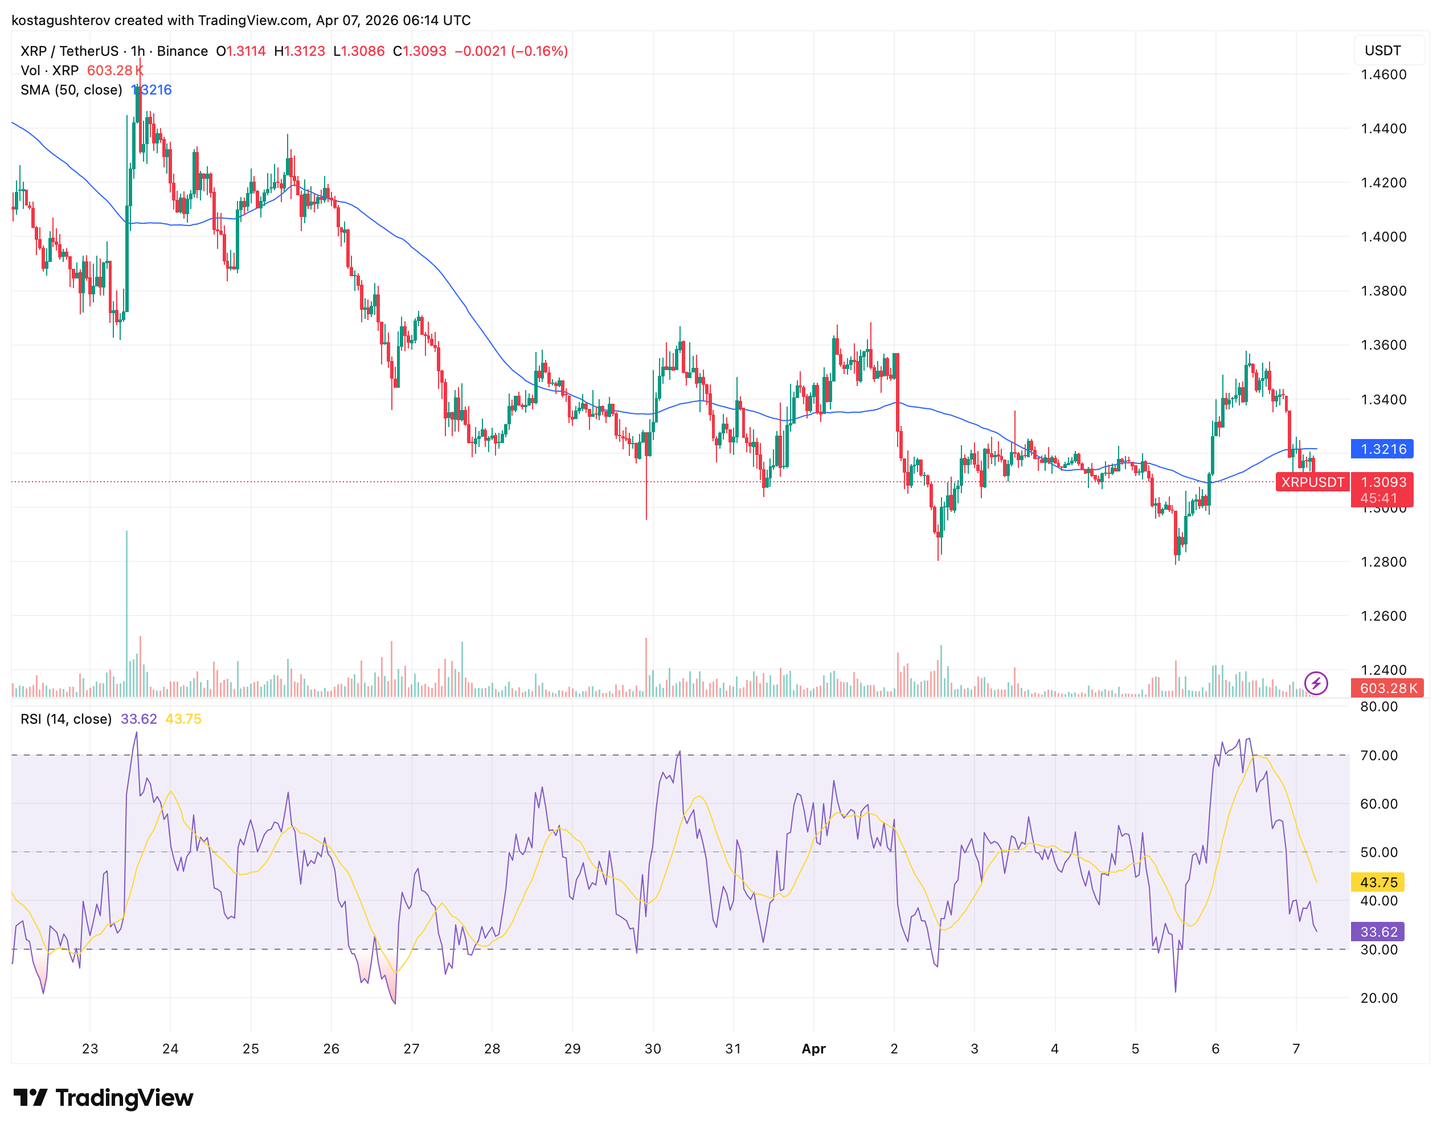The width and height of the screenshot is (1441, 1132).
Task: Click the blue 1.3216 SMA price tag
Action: [x=1381, y=449]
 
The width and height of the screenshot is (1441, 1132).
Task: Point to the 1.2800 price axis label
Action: [x=1383, y=561]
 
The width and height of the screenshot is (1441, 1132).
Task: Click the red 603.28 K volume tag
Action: [x=1388, y=688]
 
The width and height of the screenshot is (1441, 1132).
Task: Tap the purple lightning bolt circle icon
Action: [x=1315, y=683]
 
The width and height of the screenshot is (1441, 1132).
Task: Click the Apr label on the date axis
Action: [x=813, y=1048]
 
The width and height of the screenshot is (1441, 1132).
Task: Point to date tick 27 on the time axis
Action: [x=411, y=1048]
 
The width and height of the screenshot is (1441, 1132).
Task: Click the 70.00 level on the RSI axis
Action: [x=1379, y=756]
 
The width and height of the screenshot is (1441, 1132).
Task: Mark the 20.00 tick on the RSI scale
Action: [x=1379, y=998]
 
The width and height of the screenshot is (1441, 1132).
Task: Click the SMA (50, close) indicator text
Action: [x=71, y=90]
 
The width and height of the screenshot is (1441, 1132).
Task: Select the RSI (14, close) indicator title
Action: [x=65, y=719]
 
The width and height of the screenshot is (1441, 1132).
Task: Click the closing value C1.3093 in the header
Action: [x=420, y=51]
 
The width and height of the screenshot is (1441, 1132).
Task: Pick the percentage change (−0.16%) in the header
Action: [x=539, y=51]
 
